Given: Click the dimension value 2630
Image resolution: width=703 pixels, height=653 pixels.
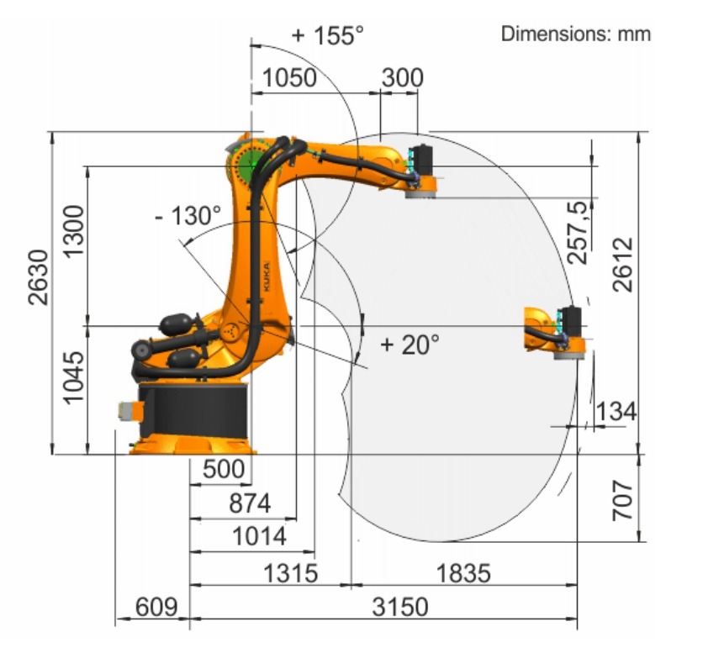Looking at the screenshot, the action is (x=38, y=277).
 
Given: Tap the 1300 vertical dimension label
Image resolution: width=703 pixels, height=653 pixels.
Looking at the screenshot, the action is (x=73, y=231).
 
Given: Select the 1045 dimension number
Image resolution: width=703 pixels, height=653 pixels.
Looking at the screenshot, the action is (x=73, y=378).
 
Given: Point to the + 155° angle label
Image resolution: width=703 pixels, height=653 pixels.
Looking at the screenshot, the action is (x=328, y=35).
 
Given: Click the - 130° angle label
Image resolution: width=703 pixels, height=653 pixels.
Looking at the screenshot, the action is (x=188, y=216).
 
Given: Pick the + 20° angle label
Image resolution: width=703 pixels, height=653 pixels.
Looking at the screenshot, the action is (x=410, y=345).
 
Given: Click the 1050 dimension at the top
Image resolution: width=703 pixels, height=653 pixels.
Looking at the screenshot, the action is (x=289, y=77).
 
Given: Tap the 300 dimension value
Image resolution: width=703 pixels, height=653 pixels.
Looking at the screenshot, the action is (x=402, y=77).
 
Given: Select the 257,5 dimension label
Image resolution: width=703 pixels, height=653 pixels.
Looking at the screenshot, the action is (x=577, y=233).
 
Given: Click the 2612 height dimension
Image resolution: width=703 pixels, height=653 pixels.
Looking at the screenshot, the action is (x=623, y=265).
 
